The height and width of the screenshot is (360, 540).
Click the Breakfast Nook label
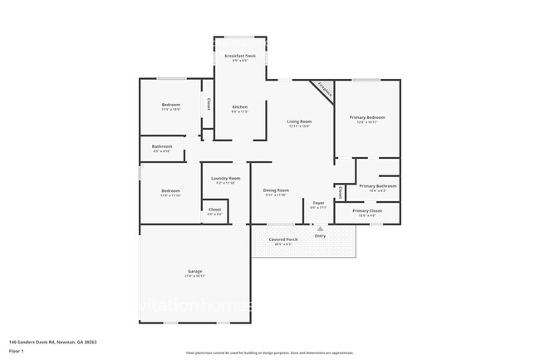point(239,56)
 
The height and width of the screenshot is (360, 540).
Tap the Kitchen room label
point(239,106)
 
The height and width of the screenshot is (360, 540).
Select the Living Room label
point(298,122)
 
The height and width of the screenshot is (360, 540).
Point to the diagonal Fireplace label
point(323,90)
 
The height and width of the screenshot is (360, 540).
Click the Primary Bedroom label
point(367,117)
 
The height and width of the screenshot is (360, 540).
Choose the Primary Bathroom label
point(377,186)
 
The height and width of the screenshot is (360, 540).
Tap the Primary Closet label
point(366,211)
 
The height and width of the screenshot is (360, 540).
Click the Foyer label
point(318,203)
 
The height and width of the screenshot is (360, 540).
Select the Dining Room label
point(276,190)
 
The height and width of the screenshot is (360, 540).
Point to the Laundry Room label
point(225,178)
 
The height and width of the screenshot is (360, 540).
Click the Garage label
point(194,272)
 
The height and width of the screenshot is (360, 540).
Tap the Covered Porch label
point(282,239)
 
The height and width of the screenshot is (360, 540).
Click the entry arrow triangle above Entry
point(320,228)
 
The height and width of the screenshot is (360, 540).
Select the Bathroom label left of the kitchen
point(162,146)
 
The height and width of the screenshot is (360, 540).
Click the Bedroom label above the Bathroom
point(170,105)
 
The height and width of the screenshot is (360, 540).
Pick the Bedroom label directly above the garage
point(170,190)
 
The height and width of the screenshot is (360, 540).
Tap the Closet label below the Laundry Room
point(214,210)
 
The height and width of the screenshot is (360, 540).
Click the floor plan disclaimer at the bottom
point(269,353)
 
